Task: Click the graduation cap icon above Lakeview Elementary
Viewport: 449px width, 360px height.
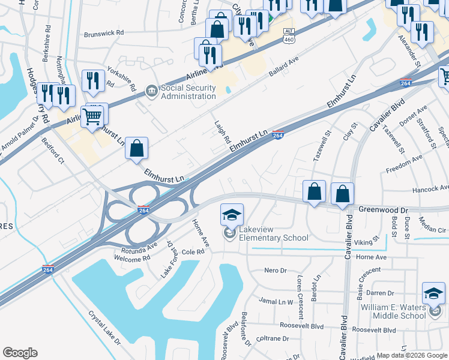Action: pyautogui.click(x=232, y=214)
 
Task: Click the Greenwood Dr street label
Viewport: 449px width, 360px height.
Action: pyautogui.click(x=384, y=209)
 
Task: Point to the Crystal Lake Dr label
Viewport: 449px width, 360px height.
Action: pyautogui.click(x=104, y=326)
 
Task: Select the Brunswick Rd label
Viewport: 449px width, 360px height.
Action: pyautogui.click(x=104, y=34)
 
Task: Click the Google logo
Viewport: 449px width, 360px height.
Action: pyautogui.click(x=20, y=353)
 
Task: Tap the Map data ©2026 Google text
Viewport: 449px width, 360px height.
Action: pyautogui.click(x=412, y=355)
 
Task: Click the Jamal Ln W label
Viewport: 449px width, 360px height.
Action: pyautogui.click(x=276, y=301)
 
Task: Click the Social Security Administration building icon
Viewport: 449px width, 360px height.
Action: pyautogui.click(x=151, y=92)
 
